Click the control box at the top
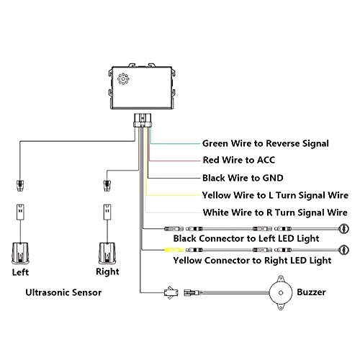[141, 89]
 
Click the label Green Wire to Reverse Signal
[265, 143]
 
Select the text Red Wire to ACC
[238, 160]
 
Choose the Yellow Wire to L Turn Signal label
[270, 194]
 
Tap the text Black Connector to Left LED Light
[246, 238]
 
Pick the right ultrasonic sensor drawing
[107, 252]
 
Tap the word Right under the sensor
[107, 273]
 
